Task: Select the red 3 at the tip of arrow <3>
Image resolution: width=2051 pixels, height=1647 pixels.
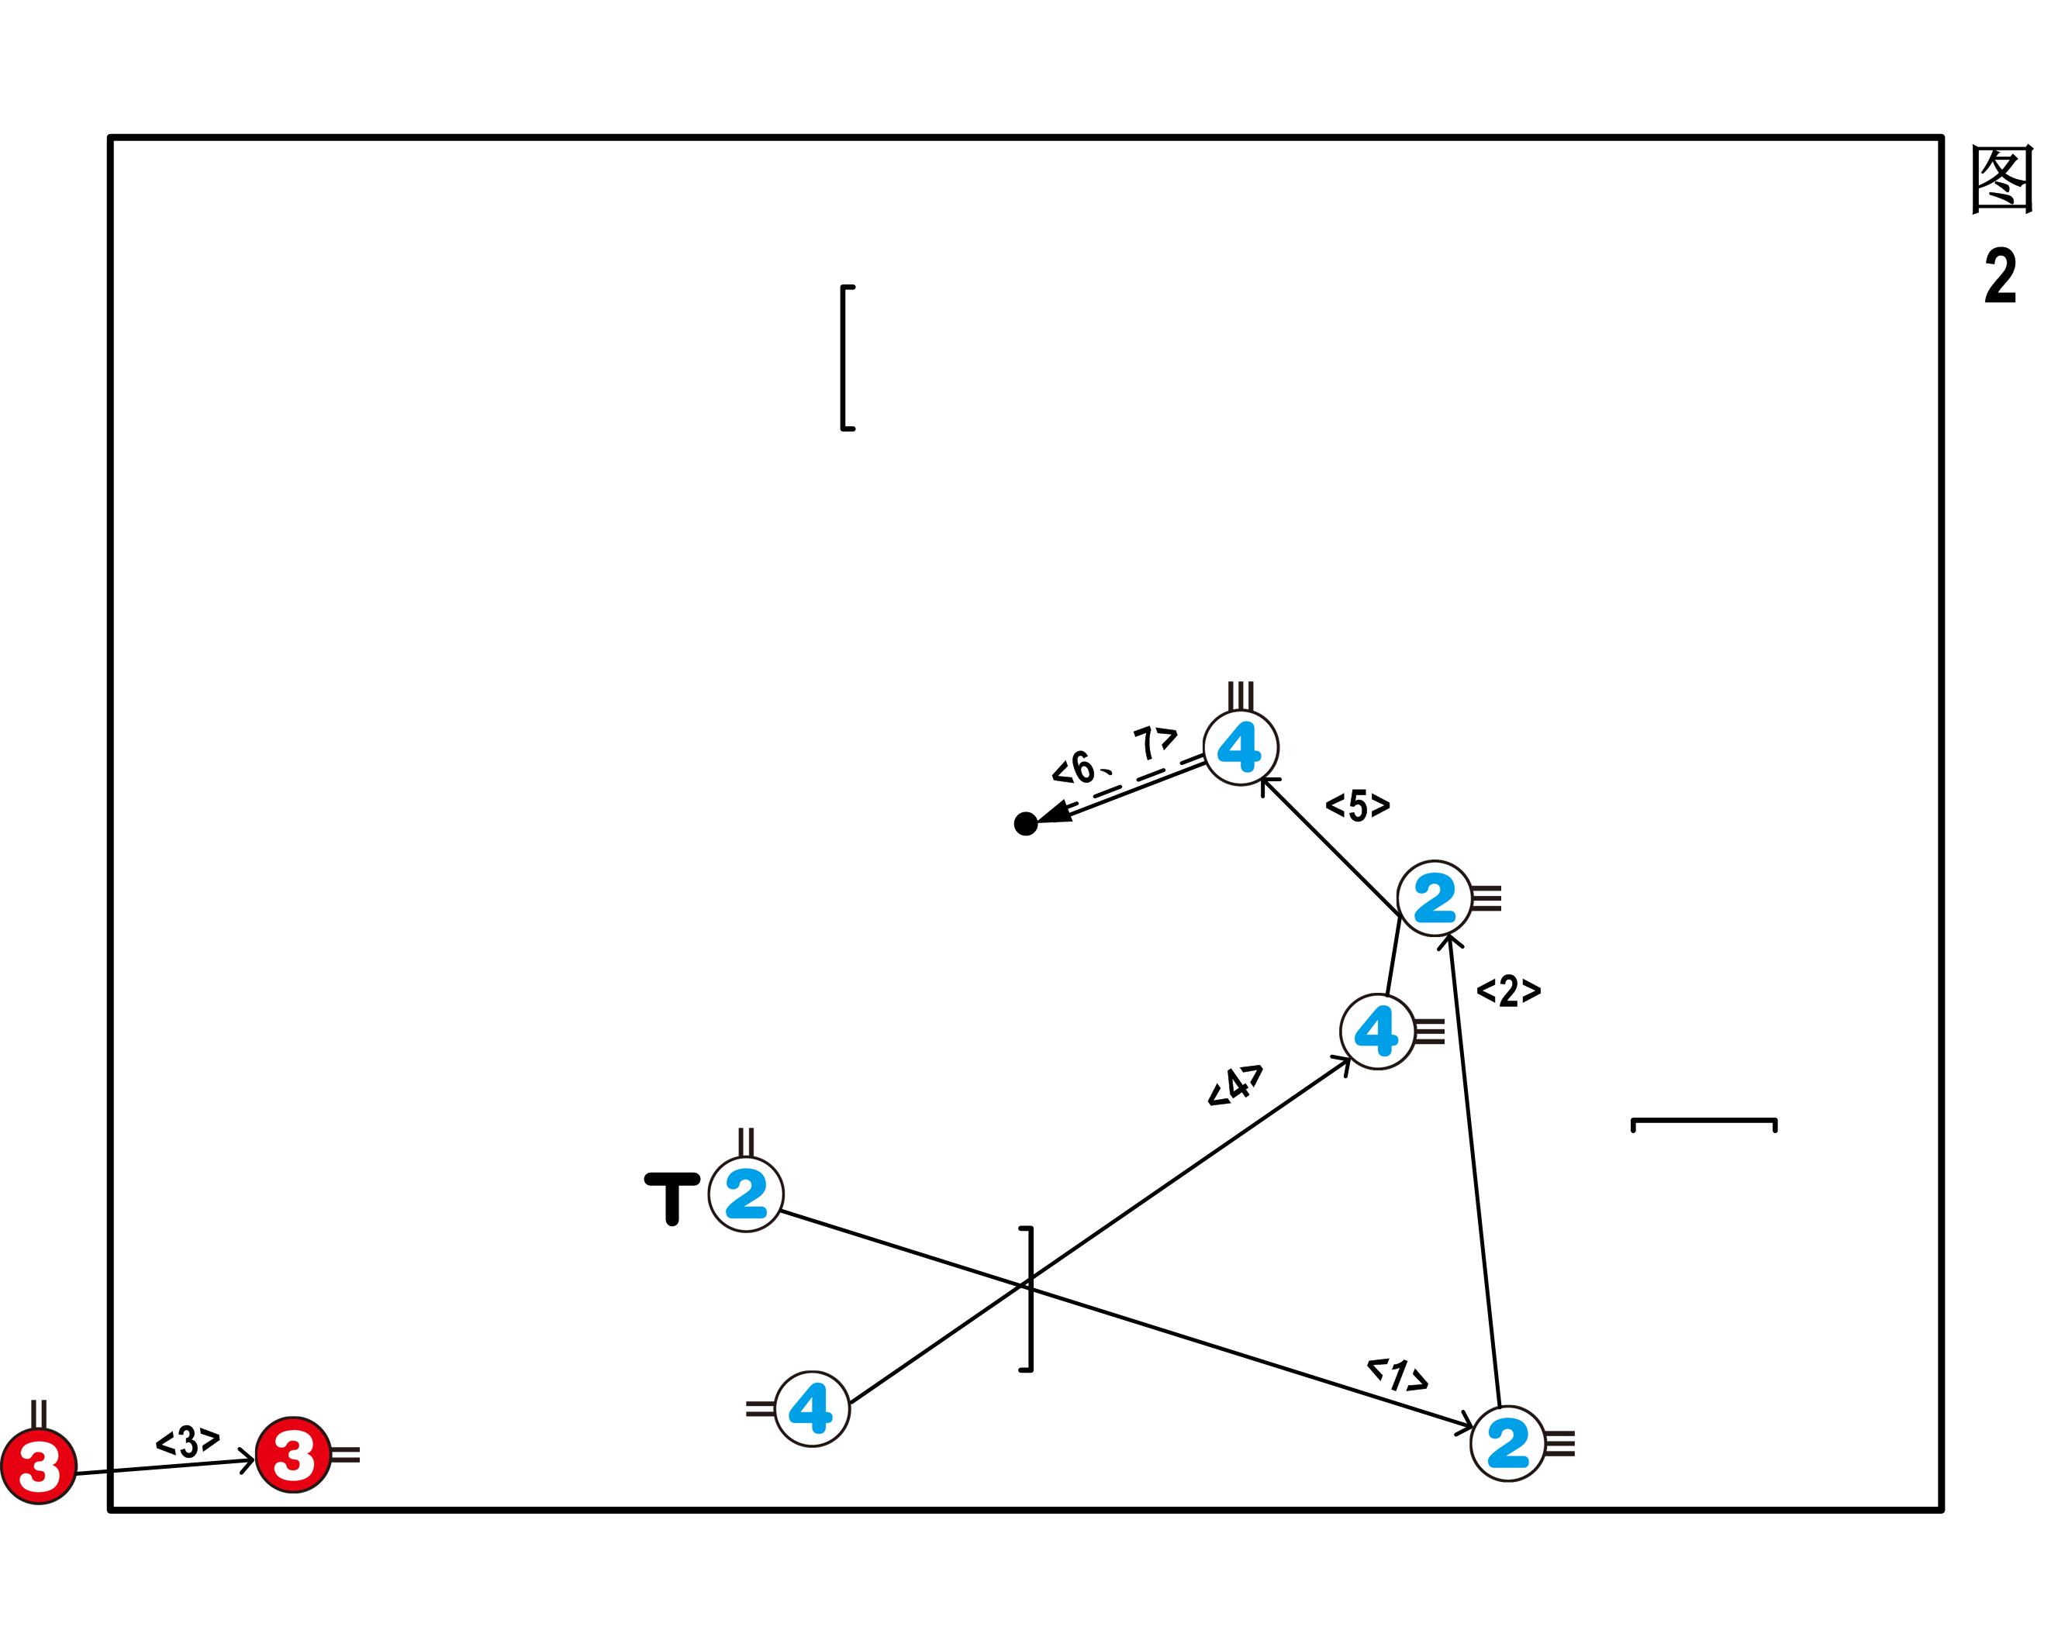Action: pos(294,1455)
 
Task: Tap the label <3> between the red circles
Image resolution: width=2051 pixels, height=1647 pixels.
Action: pos(188,1442)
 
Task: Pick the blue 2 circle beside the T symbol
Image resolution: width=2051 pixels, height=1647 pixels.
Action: pos(746,1194)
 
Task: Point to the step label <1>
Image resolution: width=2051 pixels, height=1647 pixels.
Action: pos(1397,1375)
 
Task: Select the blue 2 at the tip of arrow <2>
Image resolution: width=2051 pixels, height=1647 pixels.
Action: pos(1435,898)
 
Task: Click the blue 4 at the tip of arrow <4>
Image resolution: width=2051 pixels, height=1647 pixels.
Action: pos(1376,1032)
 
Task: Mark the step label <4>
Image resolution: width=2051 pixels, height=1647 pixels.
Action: pos(1234,1085)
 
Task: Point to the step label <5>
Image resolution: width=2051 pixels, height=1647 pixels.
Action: pos(1358,806)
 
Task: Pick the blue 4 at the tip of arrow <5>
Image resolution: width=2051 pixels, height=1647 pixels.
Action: pos(1241,747)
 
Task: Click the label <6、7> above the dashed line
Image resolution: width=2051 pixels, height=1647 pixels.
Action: pos(1113,756)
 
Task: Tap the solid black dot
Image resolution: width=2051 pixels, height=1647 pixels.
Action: pos(1025,823)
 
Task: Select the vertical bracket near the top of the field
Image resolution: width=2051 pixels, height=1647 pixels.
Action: pos(844,357)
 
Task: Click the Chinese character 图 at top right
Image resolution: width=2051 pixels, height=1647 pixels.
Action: pos(2001,181)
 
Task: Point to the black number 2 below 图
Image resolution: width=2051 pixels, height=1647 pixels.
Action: pos(2001,277)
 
